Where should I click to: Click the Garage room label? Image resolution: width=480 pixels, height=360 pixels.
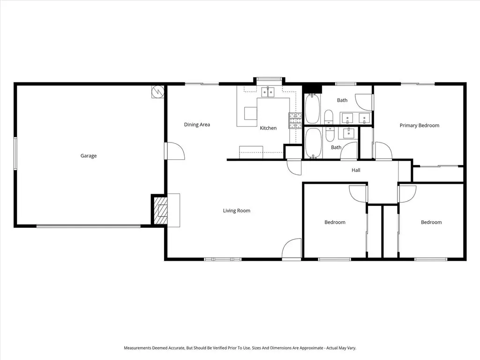coord(89,156)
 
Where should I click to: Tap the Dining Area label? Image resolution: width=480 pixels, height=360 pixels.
coord(197,125)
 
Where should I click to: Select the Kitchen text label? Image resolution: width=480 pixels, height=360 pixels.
coord(268,128)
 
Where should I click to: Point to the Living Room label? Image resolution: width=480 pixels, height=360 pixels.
coord(237,210)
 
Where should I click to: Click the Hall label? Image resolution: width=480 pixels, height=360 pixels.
coord(356,170)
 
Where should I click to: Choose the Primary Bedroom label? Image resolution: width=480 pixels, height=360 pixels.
coord(420,126)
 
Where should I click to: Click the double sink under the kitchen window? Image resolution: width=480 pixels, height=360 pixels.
coord(268,92)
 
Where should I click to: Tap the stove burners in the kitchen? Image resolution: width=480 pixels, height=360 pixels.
coord(295,120)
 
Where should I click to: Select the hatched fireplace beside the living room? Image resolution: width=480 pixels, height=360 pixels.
coord(160,210)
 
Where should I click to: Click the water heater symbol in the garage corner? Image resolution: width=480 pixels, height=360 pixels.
coord(157,91)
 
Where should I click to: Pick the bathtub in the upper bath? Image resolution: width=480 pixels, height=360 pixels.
coord(312,109)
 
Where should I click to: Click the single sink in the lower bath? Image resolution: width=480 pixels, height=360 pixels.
coord(348,133)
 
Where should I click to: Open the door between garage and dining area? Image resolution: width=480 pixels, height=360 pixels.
coord(175,151)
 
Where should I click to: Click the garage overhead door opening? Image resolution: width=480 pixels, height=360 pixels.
coord(89,226)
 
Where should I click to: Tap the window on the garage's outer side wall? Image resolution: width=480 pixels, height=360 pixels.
coord(15,153)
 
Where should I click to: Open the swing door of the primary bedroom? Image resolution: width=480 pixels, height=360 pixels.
coord(383,151)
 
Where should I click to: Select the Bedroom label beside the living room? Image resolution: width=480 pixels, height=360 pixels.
coord(335,222)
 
